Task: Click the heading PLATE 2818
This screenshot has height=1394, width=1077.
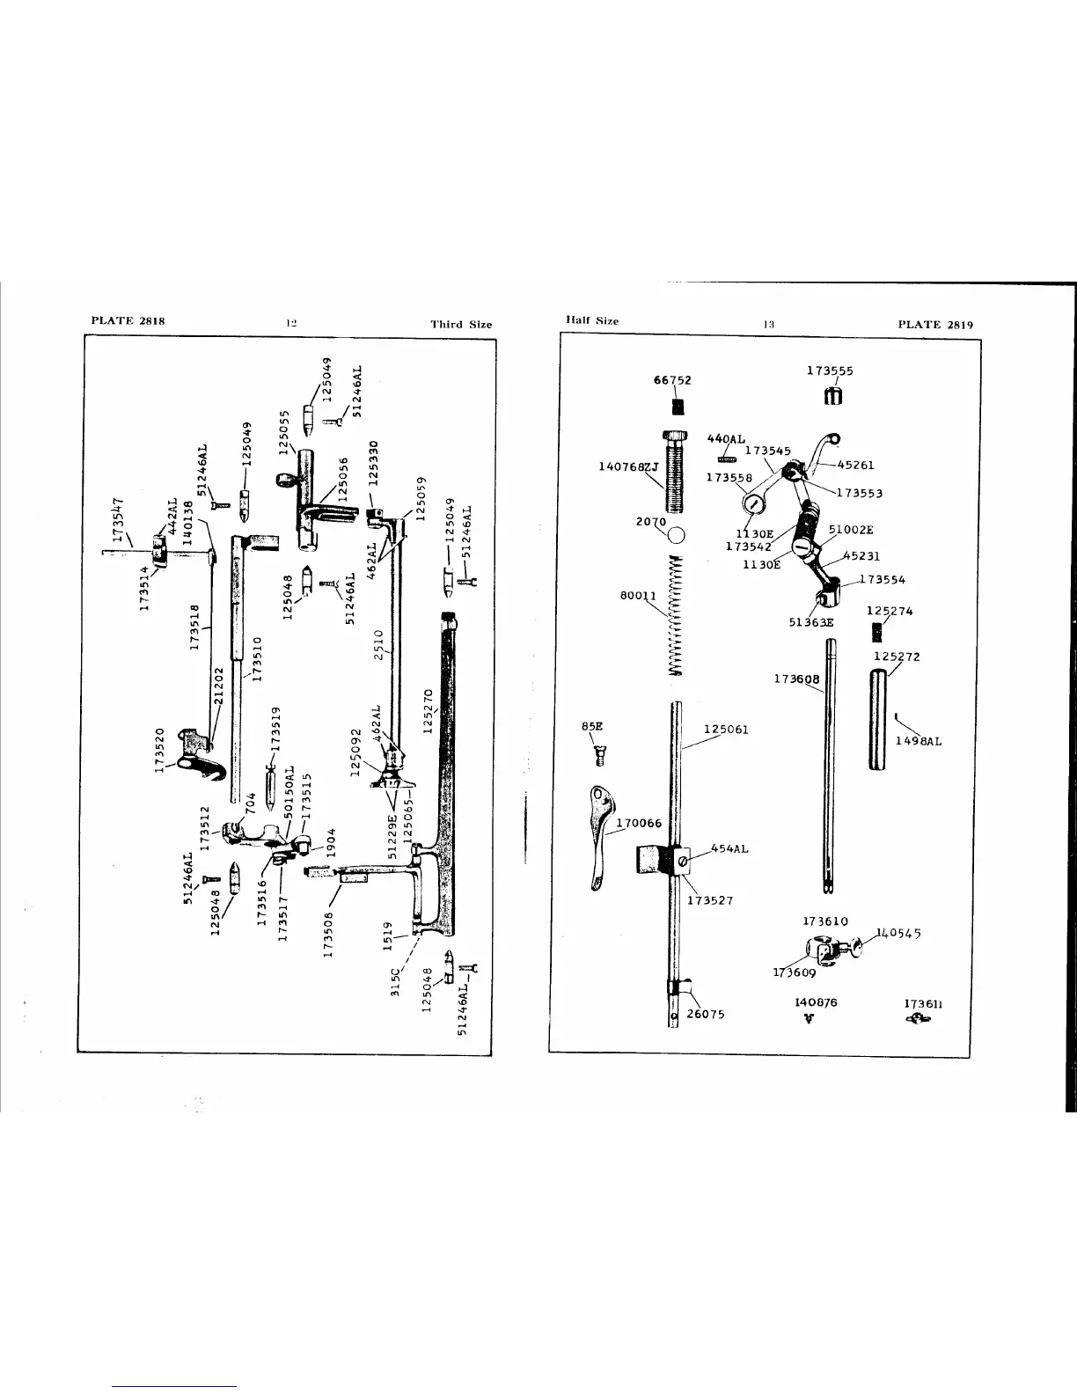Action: (128, 320)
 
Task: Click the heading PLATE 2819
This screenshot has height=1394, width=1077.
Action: (935, 324)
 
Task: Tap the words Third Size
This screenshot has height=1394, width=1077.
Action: (461, 324)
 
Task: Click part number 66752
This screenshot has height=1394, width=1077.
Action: (672, 380)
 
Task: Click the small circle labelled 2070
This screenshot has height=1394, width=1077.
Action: (678, 534)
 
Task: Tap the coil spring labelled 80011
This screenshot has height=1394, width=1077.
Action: (676, 615)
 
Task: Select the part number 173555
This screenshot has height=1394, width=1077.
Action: (830, 371)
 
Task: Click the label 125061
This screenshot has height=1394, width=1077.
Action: (726, 730)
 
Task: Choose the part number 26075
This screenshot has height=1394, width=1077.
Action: (705, 1014)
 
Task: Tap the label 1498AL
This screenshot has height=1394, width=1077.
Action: (919, 741)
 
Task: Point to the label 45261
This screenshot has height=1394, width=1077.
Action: (855, 466)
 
